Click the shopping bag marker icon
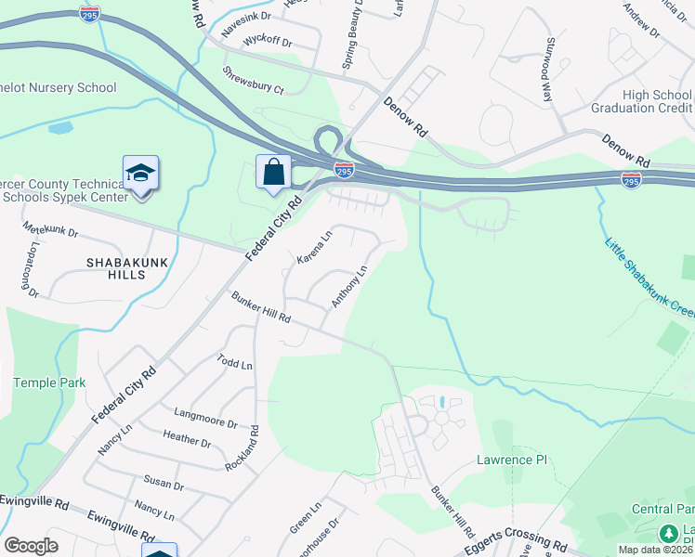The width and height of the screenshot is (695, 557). click(x=273, y=173)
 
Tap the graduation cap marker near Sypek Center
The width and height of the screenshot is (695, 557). click(x=140, y=174)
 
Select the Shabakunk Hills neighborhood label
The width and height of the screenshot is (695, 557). click(x=128, y=269)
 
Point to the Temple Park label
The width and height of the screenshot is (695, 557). click(x=49, y=382)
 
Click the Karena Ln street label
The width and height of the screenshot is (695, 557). click(x=314, y=248)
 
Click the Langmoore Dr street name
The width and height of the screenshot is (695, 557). click(x=205, y=416)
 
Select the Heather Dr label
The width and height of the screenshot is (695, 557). click(x=187, y=437)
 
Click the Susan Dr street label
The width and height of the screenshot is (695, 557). click(x=164, y=484)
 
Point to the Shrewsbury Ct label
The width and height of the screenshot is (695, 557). click(x=253, y=79)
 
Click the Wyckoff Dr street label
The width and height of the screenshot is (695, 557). click(x=267, y=43)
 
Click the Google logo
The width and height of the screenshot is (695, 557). click(x=31, y=546)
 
